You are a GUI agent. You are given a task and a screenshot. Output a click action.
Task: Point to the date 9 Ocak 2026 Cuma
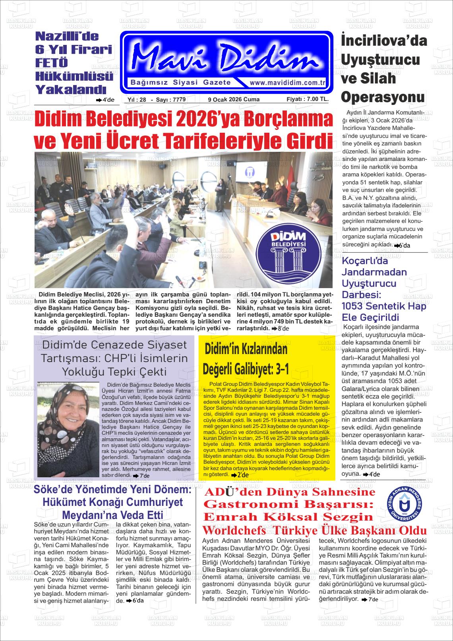click(234, 99)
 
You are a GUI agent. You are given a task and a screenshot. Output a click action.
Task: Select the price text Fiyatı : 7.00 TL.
click(307, 99)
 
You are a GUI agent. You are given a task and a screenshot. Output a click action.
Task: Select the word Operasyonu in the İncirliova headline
click(383, 97)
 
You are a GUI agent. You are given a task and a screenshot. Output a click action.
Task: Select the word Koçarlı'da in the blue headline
click(359, 261)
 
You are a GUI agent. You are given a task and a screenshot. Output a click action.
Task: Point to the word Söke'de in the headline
click(50, 490)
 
